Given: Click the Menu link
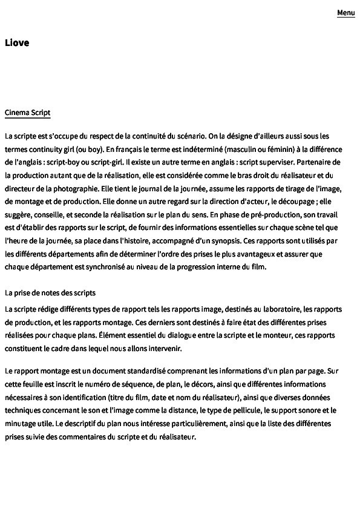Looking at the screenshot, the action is point(346,13).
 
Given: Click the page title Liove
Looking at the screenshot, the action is point(17,42).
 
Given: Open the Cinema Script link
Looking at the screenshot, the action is point(27,113).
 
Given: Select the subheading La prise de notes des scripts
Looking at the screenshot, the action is point(50,293).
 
